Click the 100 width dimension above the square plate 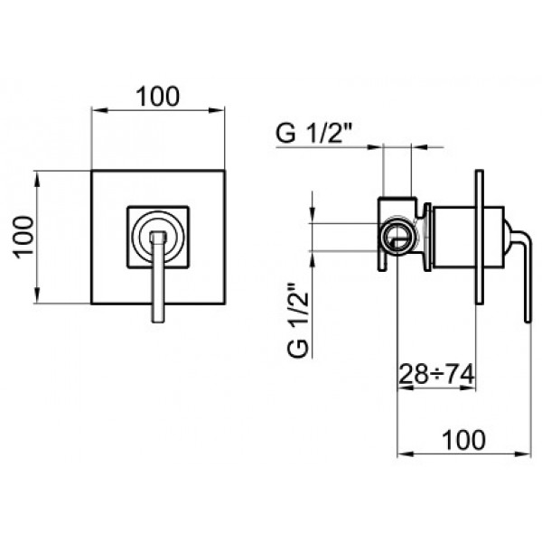click(158, 94)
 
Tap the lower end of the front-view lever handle click(158, 318)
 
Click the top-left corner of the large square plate click(91, 170)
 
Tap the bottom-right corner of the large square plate click(226, 304)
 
